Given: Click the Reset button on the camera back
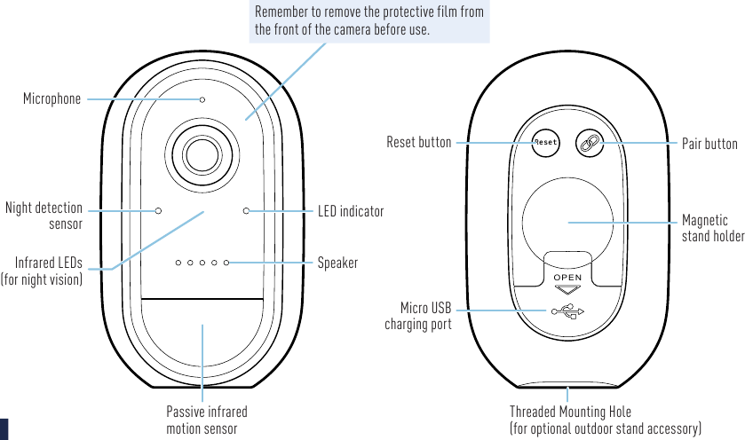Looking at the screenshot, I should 545,142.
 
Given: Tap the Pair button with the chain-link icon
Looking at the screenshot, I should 590,142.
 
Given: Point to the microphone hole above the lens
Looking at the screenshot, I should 202,99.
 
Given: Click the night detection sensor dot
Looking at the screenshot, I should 158,210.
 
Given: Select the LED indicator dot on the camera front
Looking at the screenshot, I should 247,210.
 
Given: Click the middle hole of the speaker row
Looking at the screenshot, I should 202,263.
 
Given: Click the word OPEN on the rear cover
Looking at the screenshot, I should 567,279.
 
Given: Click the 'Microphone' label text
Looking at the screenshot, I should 52,98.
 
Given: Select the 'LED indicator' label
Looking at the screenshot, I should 351,211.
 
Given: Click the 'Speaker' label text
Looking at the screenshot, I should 337,263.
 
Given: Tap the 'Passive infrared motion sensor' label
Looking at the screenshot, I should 207,420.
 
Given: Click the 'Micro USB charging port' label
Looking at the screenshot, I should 418,316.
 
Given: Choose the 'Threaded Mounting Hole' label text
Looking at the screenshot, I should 571,412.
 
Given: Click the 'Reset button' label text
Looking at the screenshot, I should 418,142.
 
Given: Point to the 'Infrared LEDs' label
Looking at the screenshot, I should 49,263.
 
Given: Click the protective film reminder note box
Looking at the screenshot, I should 369,21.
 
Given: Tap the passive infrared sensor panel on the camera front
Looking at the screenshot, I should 202,342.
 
